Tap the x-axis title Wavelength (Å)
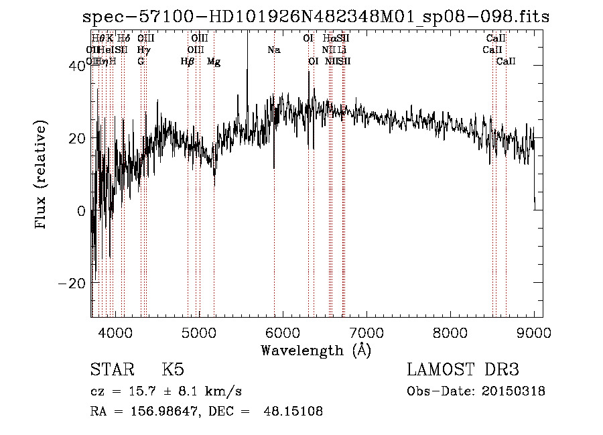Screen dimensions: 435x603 (x=316, y=350)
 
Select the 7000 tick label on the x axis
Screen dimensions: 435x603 (x=366, y=332)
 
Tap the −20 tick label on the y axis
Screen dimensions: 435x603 (x=72, y=283)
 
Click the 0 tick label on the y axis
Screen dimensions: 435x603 (x=81, y=210)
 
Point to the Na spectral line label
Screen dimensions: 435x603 (x=273, y=50)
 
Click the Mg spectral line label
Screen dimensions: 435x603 (x=214, y=61)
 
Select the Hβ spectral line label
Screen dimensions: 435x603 (x=188, y=61)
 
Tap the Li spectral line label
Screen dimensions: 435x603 (x=342, y=50)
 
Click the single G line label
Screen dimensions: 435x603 (x=141, y=61)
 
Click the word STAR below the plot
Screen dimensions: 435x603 (x=111, y=370)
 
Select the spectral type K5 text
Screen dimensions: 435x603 (x=173, y=370)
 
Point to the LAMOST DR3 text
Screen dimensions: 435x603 (x=463, y=370)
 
